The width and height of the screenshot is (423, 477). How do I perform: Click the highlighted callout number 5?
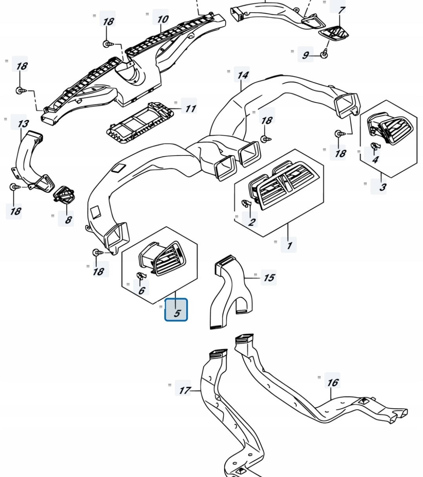[176, 310]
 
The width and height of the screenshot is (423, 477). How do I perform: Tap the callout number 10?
[162, 18]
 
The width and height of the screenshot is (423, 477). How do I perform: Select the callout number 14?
[243, 75]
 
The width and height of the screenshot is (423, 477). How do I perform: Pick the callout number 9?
[305, 55]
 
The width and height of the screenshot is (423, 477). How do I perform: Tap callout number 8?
[68, 219]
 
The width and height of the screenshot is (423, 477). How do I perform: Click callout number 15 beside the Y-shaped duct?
[269, 278]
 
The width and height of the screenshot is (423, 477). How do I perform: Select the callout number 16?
[332, 382]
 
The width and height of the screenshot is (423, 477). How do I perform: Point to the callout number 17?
[184, 390]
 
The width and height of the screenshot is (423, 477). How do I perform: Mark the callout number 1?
[289, 245]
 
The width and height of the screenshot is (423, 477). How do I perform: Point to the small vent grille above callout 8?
[64, 195]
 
